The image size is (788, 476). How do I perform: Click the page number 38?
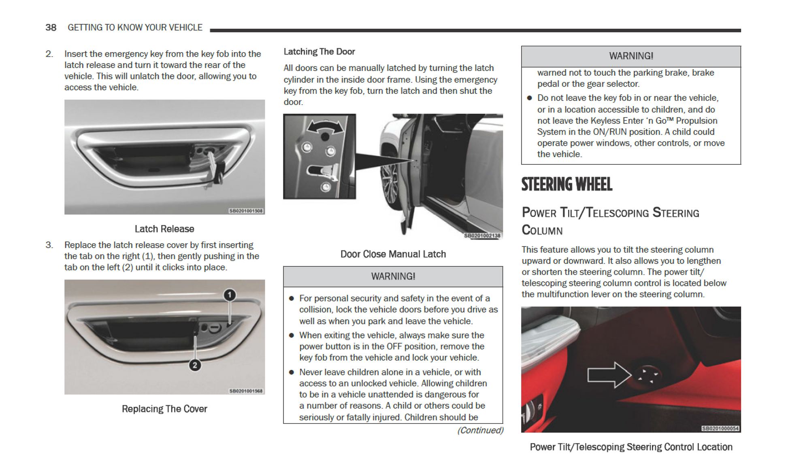pyautogui.click(x=51, y=28)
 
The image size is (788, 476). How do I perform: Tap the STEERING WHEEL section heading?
pyautogui.click(x=567, y=185)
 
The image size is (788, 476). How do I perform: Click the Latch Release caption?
pyautogui.click(x=164, y=229)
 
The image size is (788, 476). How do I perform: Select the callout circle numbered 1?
pyautogui.click(x=230, y=295)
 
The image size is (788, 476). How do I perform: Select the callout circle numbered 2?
pyautogui.click(x=195, y=365)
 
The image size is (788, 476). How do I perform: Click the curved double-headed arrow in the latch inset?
pyautogui.click(x=325, y=126)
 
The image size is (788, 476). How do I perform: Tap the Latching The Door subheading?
pyautogui.click(x=319, y=52)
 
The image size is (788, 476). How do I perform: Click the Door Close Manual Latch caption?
pyautogui.click(x=393, y=254)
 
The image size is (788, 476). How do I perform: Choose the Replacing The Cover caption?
pyautogui.click(x=164, y=409)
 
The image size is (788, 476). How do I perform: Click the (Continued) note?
pyautogui.click(x=480, y=430)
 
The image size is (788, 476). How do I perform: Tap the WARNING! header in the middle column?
pyautogui.click(x=393, y=276)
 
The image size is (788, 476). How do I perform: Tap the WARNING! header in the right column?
pyautogui.click(x=631, y=56)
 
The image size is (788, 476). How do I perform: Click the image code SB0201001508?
pyautogui.click(x=246, y=211)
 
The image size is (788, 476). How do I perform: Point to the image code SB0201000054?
pyautogui.click(x=720, y=429)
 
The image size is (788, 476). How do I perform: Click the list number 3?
pyautogui.click(x=49, y=245)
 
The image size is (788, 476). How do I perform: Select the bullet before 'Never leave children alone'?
pyautogui.click(x=291, y=372)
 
